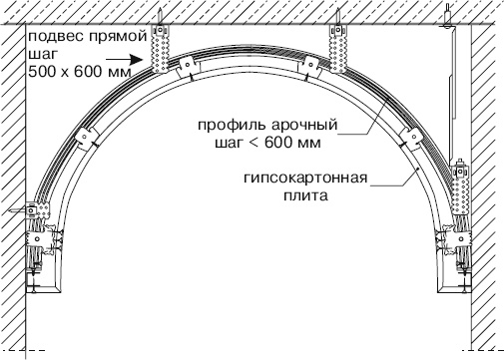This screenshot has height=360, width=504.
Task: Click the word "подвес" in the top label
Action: [47, 37]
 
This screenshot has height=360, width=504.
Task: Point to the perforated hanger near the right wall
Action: [460, 188]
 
